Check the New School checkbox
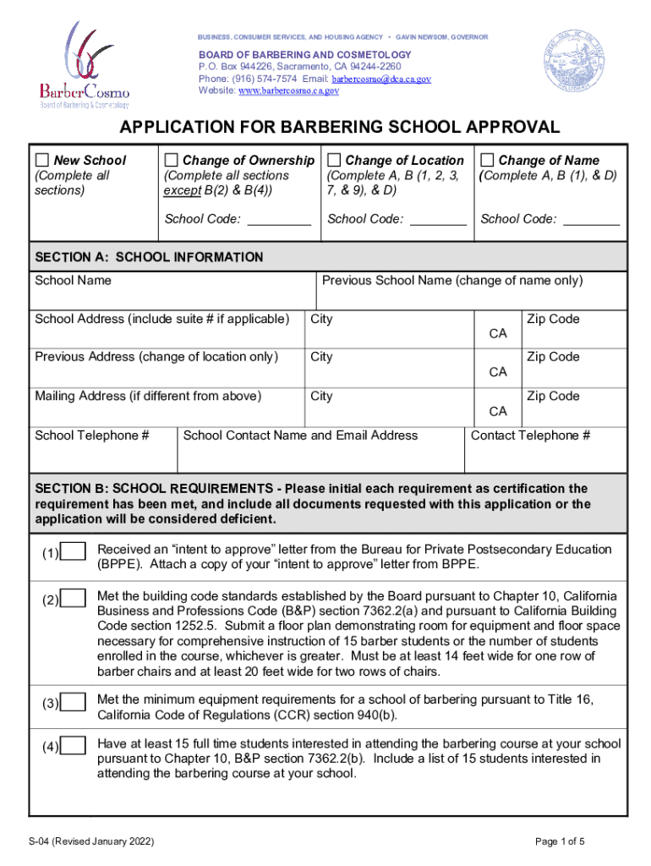tap(41, 161)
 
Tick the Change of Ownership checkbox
tap(171, 161)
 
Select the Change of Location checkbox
tap(334, 161)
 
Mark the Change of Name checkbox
tap(488, 161)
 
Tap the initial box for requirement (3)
tap(74, 703)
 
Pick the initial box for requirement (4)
tap(74, 746)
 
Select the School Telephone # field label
tap(92, 436)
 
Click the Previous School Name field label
tap(452, 281)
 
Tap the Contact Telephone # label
tap(530, 436)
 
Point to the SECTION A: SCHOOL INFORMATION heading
tap(149, 257)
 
